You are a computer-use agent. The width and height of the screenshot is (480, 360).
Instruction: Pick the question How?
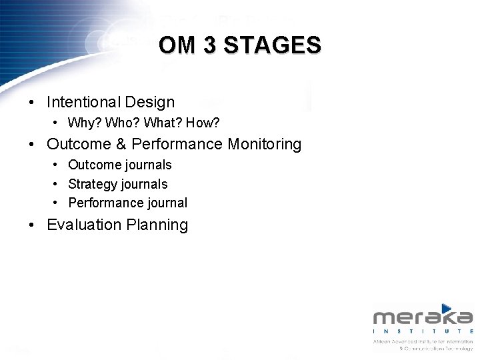coord(203,123)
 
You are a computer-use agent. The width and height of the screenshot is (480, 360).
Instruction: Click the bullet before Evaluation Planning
coord(32,225)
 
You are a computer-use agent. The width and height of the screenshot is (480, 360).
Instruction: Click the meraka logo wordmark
coord(423,317)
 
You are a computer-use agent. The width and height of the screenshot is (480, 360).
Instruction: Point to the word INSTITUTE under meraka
coord(423,331)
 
